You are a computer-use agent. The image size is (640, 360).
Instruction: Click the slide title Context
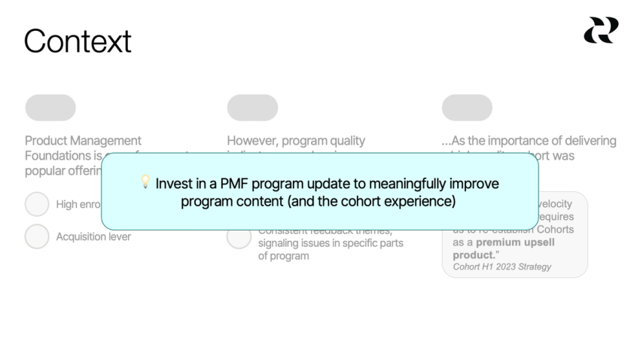(x=78, y=41)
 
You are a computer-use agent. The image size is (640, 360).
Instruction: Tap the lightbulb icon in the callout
(x=145, y=184)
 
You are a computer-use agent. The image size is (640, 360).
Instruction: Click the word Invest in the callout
(x=172, y=185)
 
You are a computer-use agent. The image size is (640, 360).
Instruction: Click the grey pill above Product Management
(x=50, y=108)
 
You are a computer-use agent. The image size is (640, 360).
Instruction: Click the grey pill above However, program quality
(x=252, y=108)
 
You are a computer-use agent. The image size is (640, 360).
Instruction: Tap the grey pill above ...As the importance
(x=467, y=108)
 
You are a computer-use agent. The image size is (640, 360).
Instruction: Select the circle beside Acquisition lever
(x=37, y=236)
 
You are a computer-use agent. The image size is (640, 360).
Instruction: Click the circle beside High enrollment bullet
(x=37, y=204)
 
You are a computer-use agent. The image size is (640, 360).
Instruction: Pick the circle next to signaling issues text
(x=239, y=237)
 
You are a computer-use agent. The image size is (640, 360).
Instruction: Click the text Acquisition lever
(x=93, y=237)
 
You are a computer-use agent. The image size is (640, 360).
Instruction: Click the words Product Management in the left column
(x=83, y=141)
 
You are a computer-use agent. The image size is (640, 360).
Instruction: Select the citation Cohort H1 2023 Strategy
(x=501, y=267)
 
